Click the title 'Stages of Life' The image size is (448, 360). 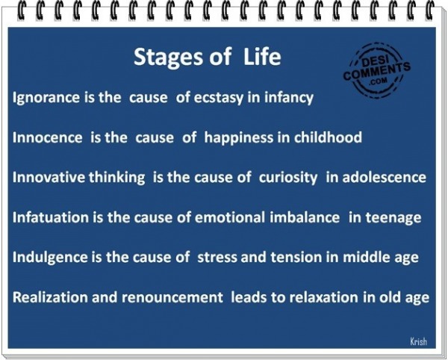(x=207, y=57)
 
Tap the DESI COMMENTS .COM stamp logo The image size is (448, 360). (x=376, y=70)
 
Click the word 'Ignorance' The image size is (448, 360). (x=46, y=98)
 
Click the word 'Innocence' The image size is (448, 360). (x=48, y=137)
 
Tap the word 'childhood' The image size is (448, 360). (x=328, y=137)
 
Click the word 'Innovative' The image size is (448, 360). (x=49, y=177)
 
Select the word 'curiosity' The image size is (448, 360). (x=288, y=178)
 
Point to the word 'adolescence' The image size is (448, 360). (x=384, y=177)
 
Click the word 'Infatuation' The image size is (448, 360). (x=51, y=217)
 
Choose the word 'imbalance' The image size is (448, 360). (x=305, y=217)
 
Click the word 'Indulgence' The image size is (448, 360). (x=50, y=258)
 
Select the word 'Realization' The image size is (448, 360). (x=50, y=297)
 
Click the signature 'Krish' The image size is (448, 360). (x=419, y=341)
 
